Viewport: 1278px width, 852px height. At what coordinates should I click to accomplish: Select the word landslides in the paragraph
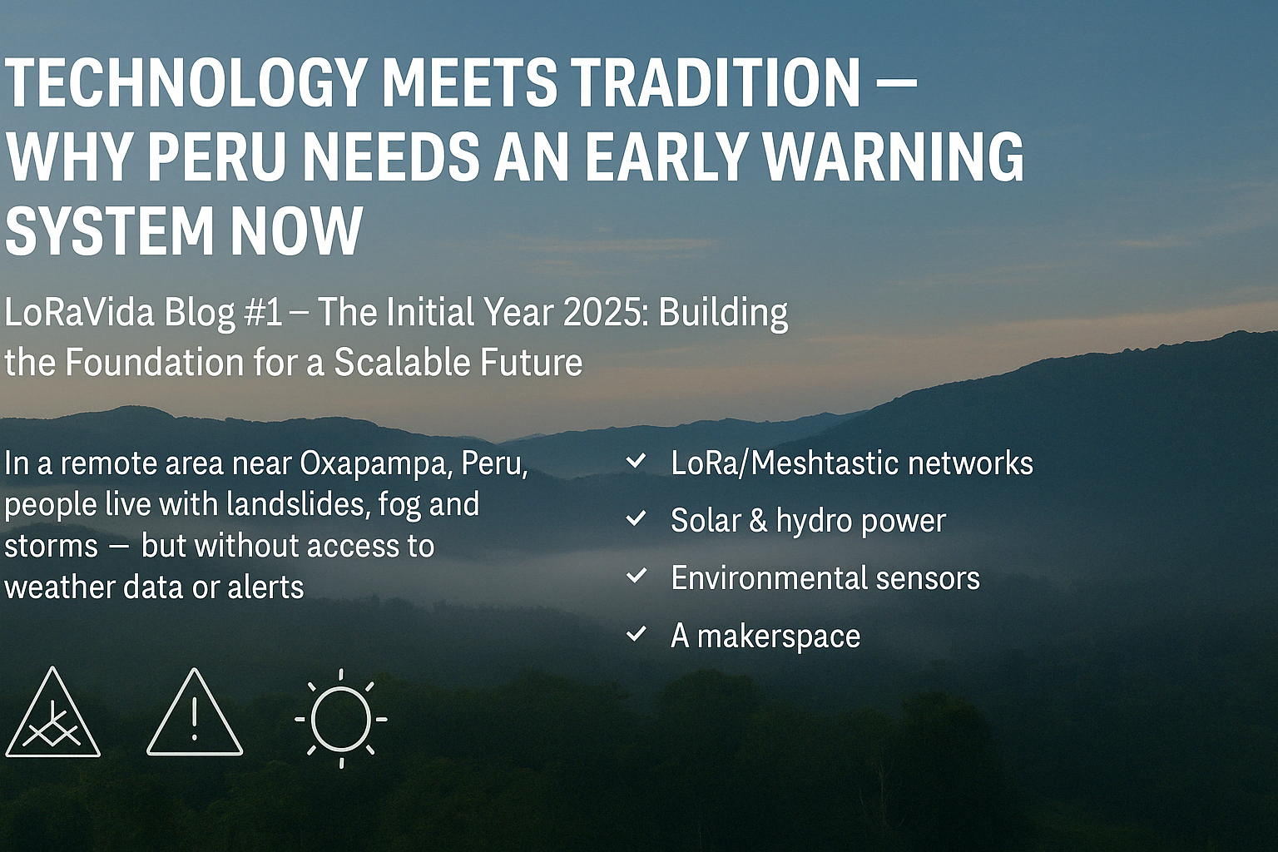pos(280,505)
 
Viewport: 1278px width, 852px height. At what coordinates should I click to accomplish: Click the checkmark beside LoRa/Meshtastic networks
pos(637,461)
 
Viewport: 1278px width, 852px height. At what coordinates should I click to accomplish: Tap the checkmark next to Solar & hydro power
pos(637,518)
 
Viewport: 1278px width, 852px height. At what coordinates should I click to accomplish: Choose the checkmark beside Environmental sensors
pos(637,577)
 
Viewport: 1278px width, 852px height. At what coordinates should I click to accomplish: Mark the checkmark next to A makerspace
pos(637,634)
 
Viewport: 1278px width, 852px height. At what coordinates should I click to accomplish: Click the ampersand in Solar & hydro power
pos(758,521)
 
